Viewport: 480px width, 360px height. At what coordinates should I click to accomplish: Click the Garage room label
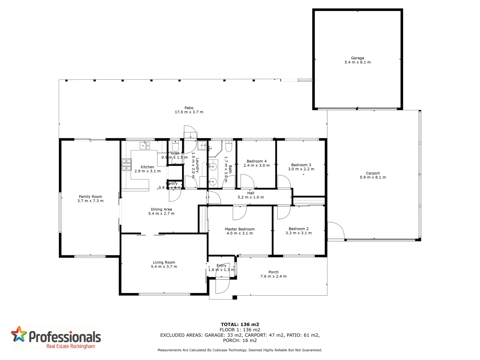pos(357,58)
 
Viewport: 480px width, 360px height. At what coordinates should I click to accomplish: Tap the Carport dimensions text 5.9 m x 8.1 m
pos(373,177)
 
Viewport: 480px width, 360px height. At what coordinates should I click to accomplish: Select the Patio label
pos(189,108)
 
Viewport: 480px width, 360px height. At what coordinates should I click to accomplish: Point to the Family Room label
pos(90,197)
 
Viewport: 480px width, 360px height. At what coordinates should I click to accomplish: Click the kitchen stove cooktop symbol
pos(126,165)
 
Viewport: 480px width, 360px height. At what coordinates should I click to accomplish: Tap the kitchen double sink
pos(144,145)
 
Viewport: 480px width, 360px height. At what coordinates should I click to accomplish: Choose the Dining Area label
pos(161,209)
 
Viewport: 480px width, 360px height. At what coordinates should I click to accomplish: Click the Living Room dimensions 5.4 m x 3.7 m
pos(164,267)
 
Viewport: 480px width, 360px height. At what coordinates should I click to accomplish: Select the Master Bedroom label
pos(240,229)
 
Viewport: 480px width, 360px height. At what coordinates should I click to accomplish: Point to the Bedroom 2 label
pos(299,229)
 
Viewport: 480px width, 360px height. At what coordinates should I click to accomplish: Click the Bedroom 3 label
pos(301,165)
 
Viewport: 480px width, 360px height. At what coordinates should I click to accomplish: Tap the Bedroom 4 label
pos(257,161)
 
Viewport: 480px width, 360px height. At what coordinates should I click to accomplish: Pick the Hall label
pos(251,193)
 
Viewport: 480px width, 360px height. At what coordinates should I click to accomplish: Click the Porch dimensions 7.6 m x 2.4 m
pos(273,276)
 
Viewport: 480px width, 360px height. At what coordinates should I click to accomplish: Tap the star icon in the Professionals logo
pos(19,334)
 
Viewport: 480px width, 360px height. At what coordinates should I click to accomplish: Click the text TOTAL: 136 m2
pos(240,324)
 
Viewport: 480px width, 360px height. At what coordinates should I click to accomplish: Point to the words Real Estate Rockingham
pos(71,346)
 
